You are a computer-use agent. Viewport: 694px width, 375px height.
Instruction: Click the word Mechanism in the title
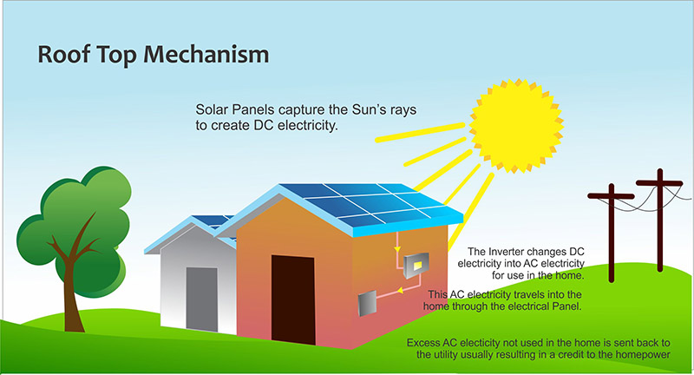pos(206,55)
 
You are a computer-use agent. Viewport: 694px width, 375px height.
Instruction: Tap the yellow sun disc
pos(516,126)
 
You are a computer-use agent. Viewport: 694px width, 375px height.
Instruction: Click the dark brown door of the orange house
pos(293,299)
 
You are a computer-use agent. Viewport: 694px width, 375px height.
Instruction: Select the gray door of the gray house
pos(202,299)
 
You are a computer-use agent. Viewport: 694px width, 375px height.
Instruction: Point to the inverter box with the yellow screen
pos(416,265)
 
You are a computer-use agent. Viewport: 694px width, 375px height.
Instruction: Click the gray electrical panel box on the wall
pos(367,303)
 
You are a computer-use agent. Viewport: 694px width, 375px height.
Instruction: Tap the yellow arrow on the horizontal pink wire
pos(400,291)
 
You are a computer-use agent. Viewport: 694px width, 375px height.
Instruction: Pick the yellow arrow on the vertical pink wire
pos(397,250)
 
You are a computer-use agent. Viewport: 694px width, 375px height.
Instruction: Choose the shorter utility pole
pos(612,233)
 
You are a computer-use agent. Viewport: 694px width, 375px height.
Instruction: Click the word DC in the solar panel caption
pos(264,125)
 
